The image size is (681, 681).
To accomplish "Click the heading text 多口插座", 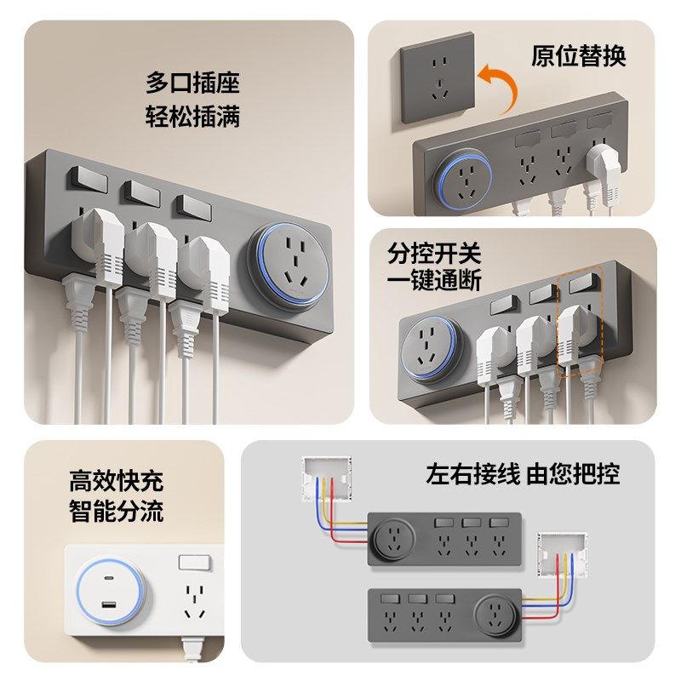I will tap(192, 83).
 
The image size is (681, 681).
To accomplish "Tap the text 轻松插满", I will tap(192, 116).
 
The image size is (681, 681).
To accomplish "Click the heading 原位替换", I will tap(578, 56).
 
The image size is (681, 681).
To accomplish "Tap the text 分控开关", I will tap(434, 253).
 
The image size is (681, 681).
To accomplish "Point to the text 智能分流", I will tap(116, 512).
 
